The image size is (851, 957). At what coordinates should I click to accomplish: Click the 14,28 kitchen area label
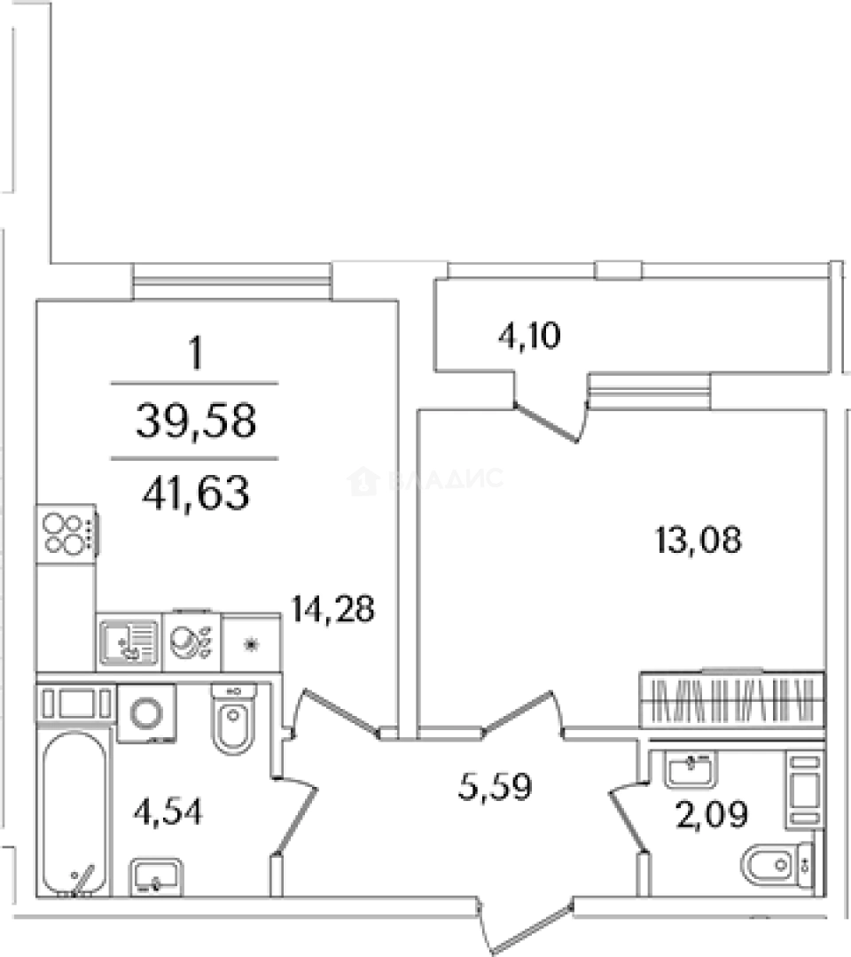pos(332,609)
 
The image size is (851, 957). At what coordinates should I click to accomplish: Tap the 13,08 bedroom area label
pos(699,541)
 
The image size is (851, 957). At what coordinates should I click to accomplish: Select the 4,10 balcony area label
pos(529,336)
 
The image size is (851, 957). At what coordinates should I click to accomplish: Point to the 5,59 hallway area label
pos(496,786)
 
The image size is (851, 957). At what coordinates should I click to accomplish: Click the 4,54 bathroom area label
pos(168,812)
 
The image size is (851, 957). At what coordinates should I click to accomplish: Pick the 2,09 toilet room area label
pos(712,814)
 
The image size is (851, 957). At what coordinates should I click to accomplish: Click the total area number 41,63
pos(196,493)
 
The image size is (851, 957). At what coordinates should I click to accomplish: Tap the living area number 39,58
pos(196,421)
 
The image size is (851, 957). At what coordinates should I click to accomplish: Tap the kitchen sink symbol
pos(129,642)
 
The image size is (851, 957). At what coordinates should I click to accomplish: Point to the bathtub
pos(74,813)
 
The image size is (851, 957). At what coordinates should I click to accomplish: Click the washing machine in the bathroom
pos(146,712)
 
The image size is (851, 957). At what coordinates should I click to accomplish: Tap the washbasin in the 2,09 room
pos(691,770)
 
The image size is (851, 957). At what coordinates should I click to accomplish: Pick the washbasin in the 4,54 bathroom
pos(156,877)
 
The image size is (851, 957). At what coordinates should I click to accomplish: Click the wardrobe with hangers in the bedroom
pos(732,699)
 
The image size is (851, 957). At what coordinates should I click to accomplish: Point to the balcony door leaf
pos(546,422)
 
